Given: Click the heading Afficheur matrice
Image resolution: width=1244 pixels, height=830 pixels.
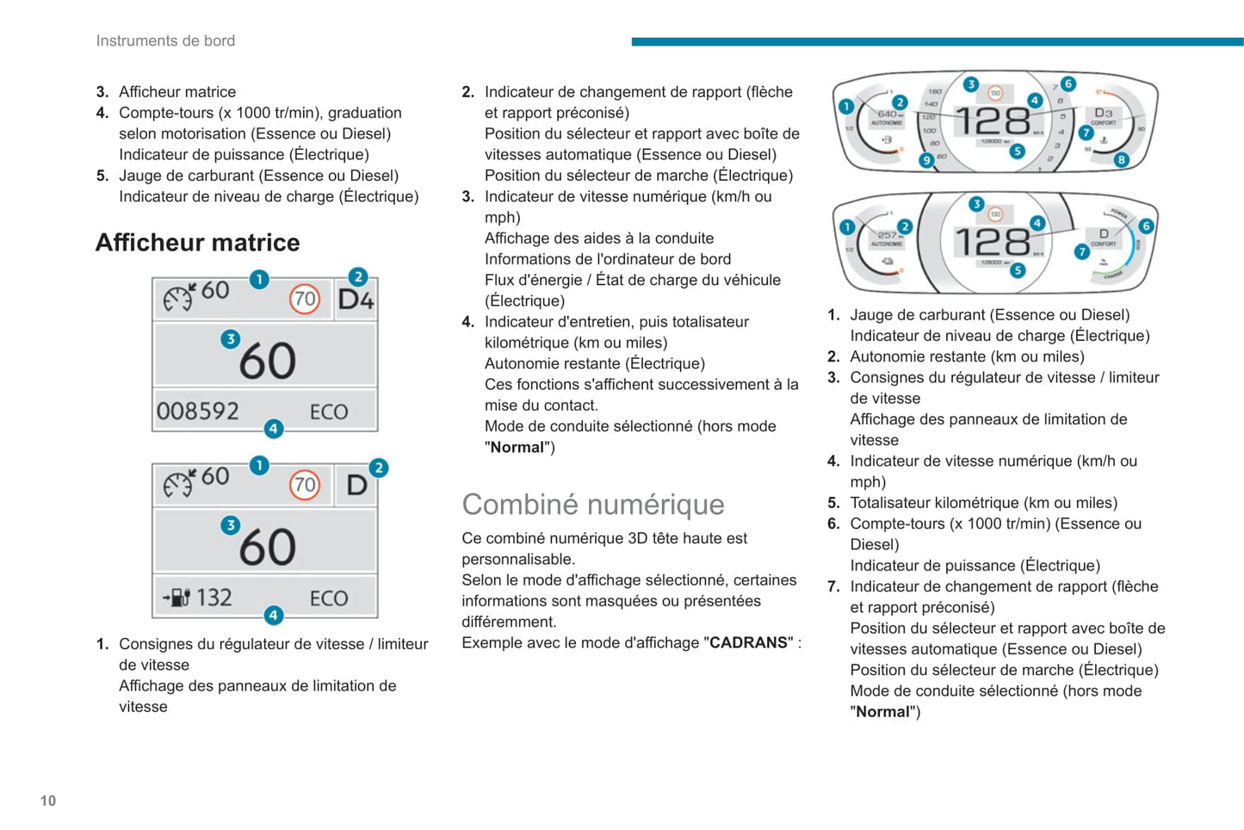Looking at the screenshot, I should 197,243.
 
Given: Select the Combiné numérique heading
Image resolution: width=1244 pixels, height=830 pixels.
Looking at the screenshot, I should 592,505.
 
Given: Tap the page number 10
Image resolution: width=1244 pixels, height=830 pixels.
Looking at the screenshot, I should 48,801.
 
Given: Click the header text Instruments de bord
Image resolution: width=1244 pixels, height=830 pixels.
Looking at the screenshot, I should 165,40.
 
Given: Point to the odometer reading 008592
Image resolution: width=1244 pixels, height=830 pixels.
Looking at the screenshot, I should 198,412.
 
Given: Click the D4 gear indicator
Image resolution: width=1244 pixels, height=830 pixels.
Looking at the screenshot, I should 356,300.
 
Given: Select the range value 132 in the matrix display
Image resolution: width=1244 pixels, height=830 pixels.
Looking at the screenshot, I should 214,598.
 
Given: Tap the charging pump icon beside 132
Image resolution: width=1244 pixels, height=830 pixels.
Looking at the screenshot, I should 177,597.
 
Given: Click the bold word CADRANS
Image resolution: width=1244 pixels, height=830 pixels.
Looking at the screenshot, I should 748,643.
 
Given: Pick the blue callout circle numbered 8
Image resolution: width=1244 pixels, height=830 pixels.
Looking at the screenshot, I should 1121,159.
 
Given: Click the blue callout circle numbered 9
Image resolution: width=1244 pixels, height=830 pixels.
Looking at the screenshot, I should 926,160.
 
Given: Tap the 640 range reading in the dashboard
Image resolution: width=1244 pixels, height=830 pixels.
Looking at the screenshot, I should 886,114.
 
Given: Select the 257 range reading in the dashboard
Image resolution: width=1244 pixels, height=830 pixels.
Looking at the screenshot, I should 886,234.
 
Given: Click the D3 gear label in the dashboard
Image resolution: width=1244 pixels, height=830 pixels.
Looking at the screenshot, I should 1103,113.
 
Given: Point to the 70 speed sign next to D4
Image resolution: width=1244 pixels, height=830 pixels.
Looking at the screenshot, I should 305,300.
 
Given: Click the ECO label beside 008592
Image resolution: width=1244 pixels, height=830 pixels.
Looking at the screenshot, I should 329,412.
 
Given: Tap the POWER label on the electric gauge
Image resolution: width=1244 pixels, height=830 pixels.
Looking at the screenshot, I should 1118,213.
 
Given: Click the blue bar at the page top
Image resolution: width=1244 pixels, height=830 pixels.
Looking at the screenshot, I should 937,41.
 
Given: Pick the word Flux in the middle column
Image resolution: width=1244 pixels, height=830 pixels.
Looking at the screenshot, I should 498,280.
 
